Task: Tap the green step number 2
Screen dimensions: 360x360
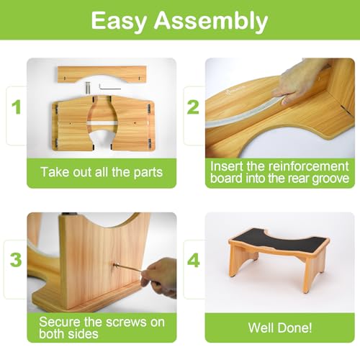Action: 192,108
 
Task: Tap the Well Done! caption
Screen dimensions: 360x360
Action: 280,328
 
